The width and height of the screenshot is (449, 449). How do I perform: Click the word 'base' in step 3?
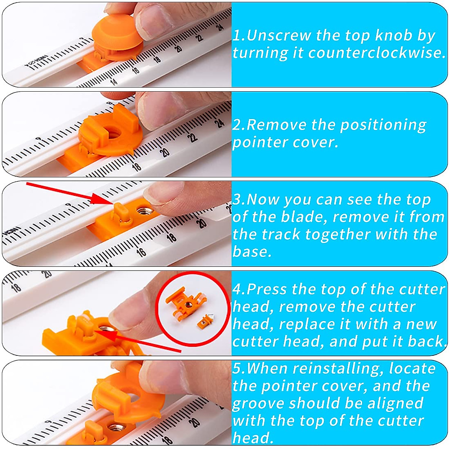[251, 252]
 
